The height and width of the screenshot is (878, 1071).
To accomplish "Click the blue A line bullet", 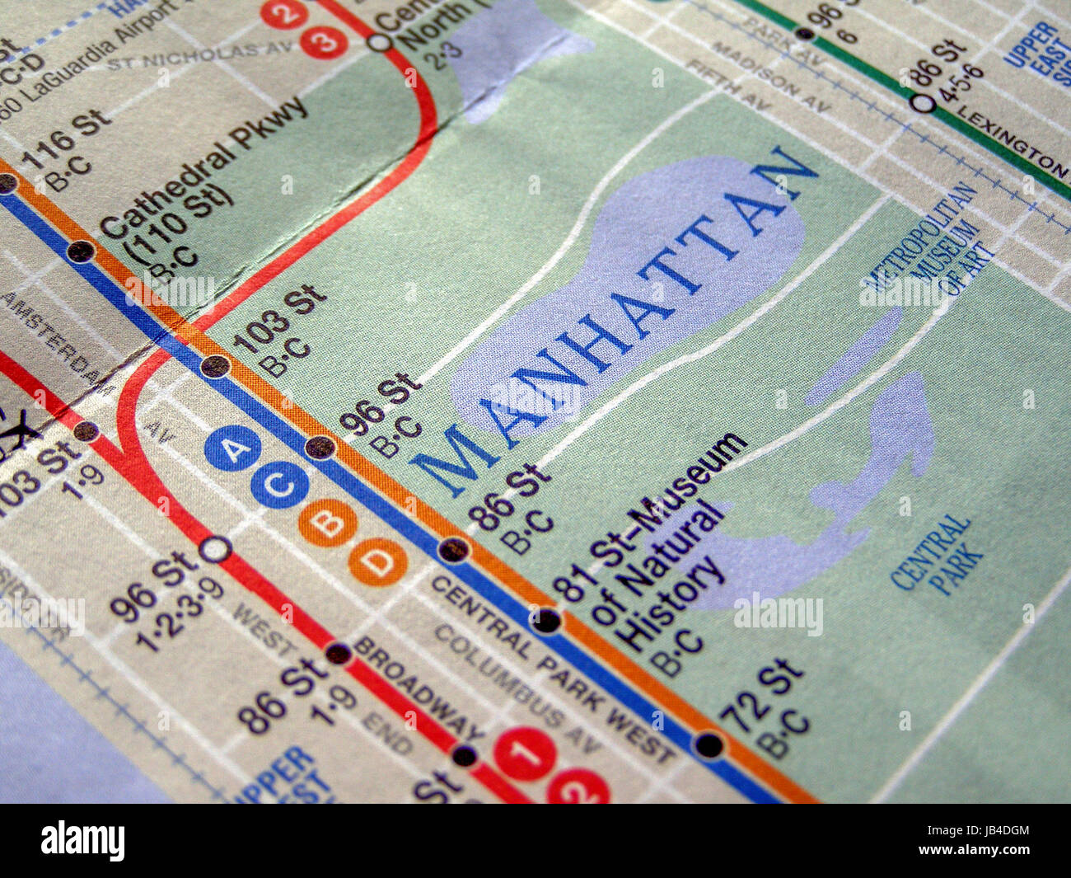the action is (233, 450).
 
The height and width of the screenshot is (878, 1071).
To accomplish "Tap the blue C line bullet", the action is (280, 484).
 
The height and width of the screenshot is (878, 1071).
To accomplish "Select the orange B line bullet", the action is (328, 522).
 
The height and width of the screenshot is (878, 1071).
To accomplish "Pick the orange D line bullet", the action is (378, 563).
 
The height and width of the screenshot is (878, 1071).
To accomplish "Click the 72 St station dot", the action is (709, 745).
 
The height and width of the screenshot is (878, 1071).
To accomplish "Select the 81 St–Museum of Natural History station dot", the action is (545, 621).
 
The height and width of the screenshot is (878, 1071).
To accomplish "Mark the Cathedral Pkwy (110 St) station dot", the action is (80, 251).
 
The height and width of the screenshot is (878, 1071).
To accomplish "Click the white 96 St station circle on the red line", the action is (215, 548).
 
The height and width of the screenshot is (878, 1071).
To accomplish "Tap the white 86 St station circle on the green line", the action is (924, 103).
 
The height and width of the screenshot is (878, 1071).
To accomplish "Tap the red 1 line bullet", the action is (524, 753).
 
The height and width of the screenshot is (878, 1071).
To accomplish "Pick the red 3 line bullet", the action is (324, 42).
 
